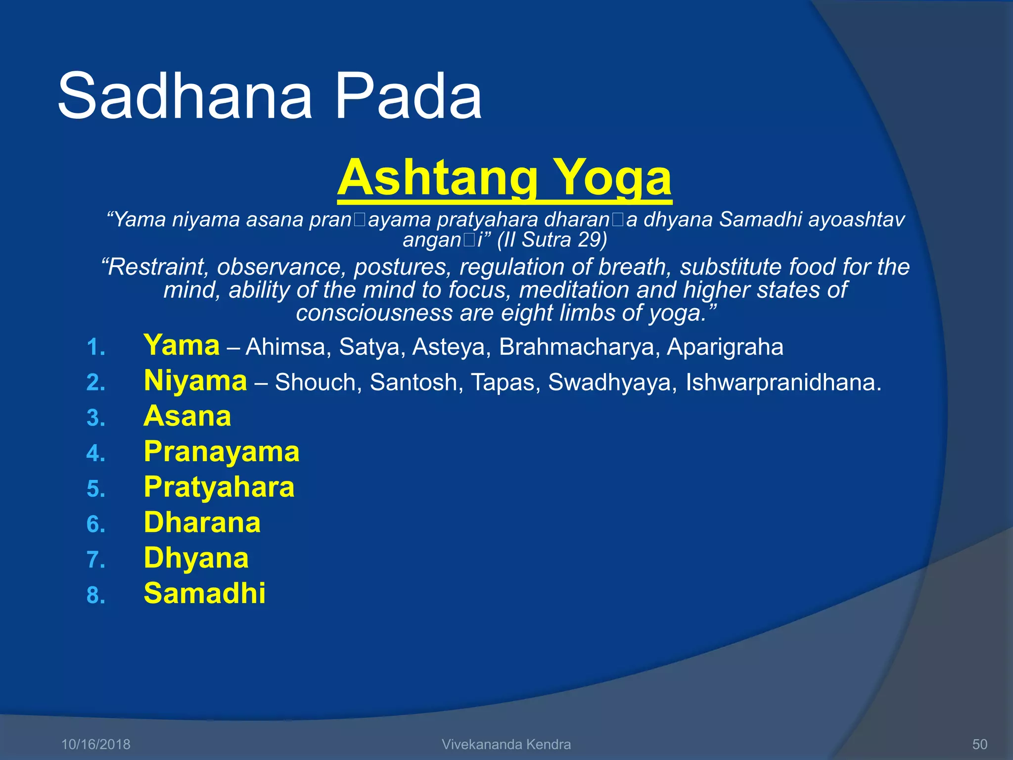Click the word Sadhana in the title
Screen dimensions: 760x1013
185,96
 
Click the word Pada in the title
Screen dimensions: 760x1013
408,96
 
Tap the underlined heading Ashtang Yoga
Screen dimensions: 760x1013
504,178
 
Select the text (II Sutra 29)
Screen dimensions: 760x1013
552,240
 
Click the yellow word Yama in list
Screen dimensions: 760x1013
182,345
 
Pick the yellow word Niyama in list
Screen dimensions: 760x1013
195,381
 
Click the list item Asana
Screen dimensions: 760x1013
187,416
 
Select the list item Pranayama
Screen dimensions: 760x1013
222,452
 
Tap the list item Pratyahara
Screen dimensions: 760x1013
219,487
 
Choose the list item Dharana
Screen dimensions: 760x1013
202,522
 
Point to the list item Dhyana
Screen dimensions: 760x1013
196,558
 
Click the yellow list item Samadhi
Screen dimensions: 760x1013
204,593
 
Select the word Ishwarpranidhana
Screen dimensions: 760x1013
783,382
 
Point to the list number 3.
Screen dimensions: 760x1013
95,418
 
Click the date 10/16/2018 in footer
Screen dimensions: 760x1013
95,744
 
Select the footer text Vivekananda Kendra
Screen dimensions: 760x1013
506,744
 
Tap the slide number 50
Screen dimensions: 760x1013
980,744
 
